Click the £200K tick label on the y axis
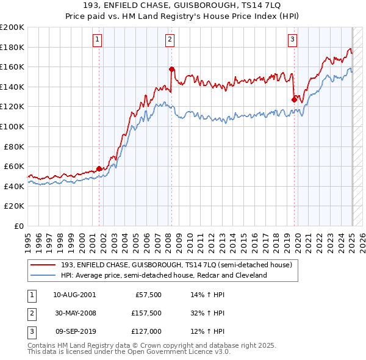tap(12, 27)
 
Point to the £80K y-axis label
tap(14, 146)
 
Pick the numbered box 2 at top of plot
tap(170, 40)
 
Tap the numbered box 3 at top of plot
tap(293, 40)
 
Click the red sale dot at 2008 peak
tap(171, 70)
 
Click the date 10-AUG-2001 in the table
tap(74, 294)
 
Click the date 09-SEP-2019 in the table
tap(74, 332)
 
